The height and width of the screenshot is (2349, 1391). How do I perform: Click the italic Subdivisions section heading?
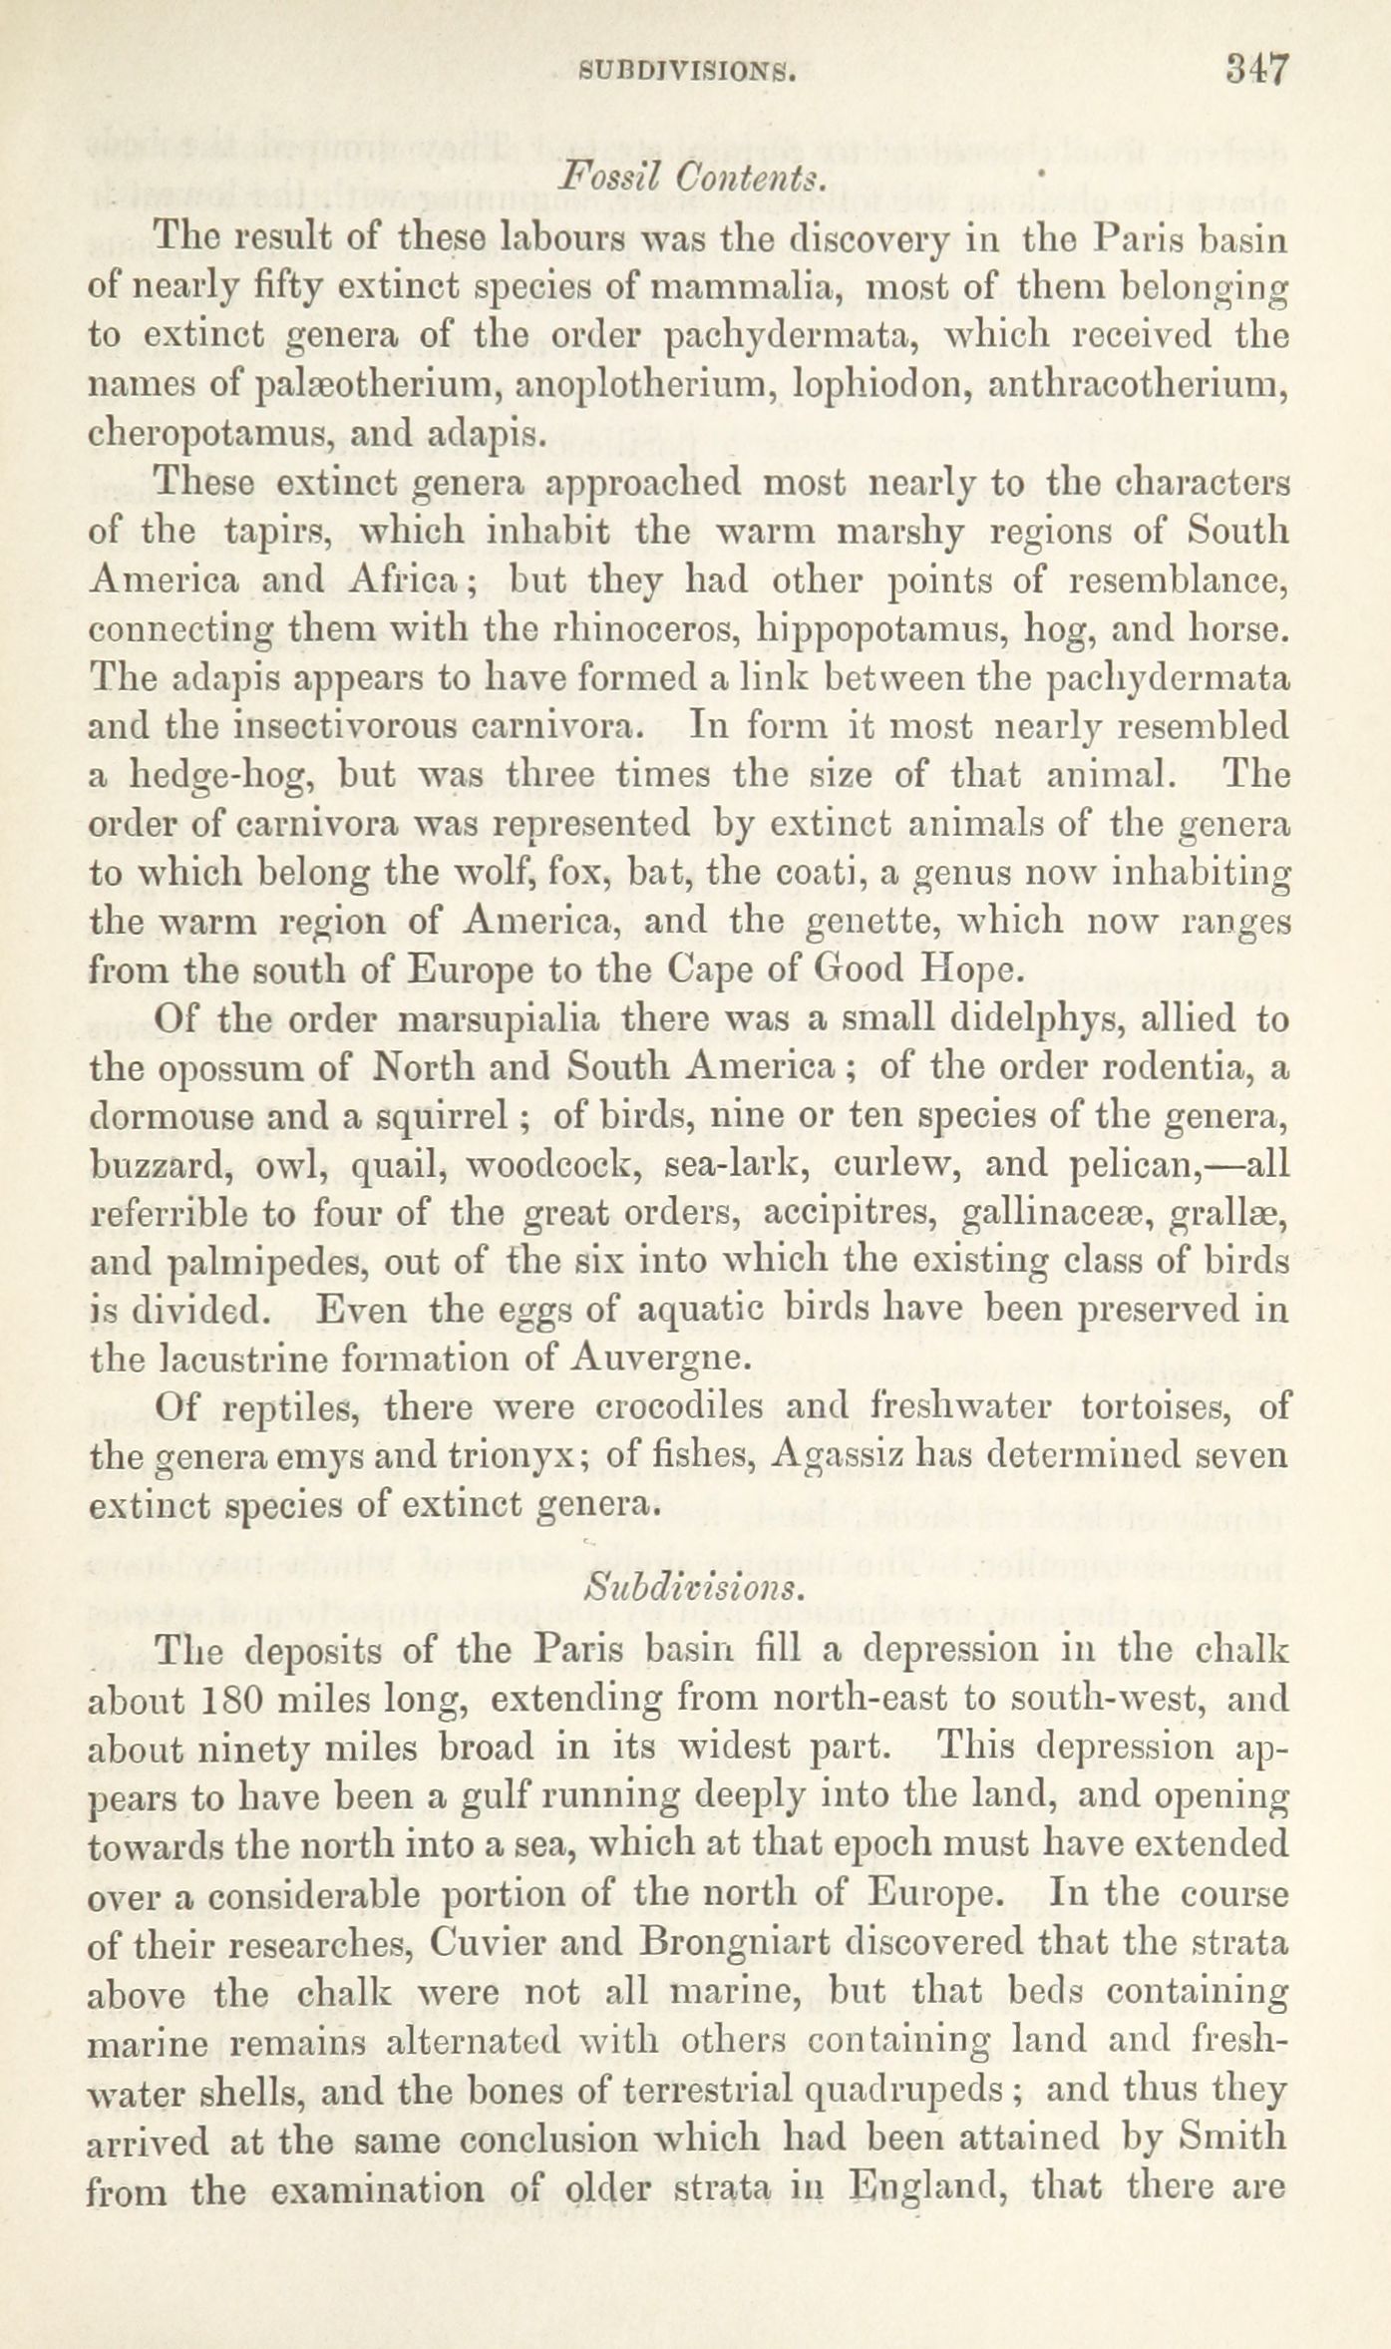tap(691, 1586)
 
